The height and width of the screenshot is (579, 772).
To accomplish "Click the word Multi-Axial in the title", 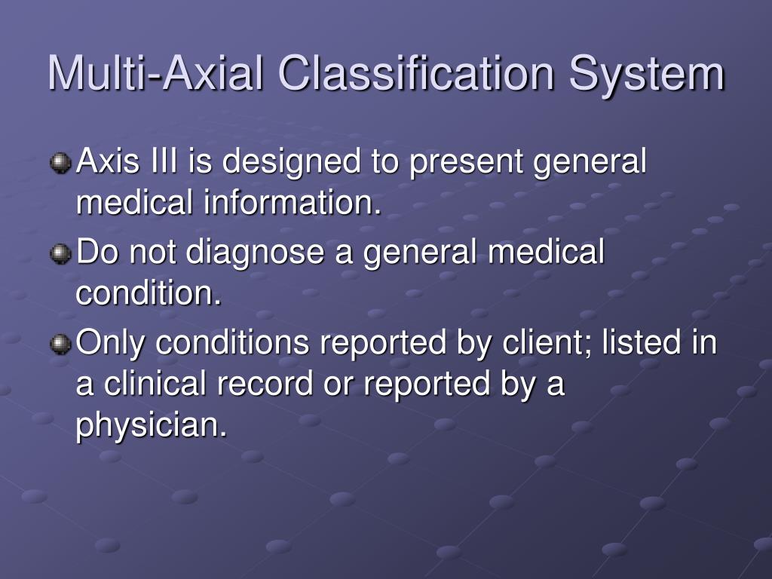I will pos(155,73).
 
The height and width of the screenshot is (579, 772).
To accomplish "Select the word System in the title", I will pos(646,73).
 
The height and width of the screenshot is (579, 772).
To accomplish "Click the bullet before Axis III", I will pos(60,163).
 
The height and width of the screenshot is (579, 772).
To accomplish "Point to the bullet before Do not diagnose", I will pos(60,254).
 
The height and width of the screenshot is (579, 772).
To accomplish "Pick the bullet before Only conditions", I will pos(60,345).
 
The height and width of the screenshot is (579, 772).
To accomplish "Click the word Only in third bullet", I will pos(109,344).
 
